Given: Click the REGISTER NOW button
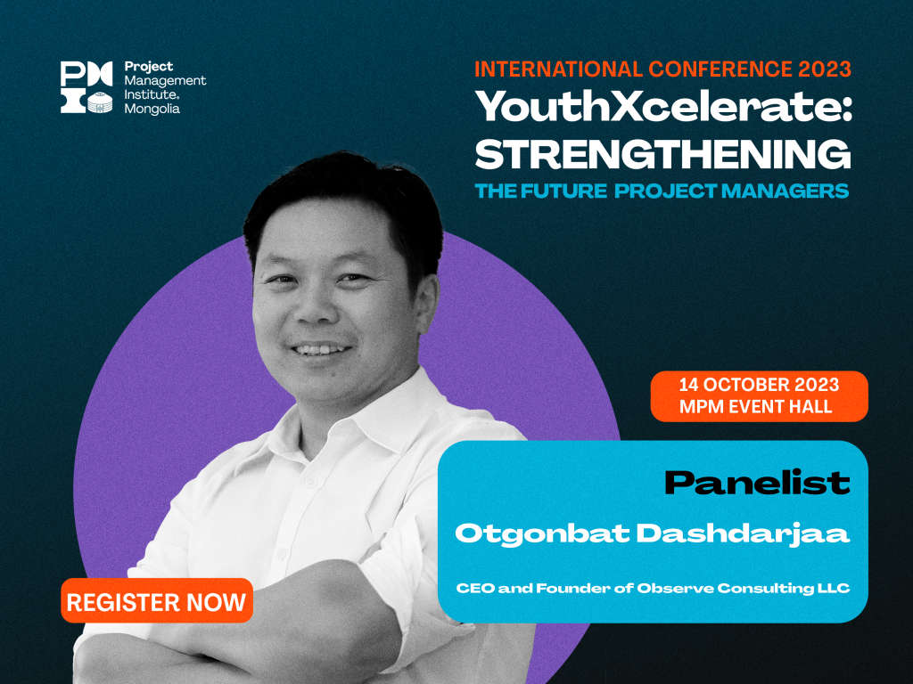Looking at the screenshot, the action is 157,601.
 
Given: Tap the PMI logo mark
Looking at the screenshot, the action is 86,86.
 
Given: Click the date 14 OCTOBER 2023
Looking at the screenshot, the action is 759,385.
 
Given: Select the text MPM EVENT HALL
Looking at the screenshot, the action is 756,406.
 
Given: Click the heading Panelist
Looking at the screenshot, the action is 757,483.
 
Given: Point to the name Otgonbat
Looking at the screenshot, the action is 542,534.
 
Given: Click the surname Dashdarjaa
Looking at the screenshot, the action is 743,534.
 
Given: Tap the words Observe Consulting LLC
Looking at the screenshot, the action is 743,588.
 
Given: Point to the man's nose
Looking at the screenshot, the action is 313,306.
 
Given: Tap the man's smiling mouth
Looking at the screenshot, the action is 321,349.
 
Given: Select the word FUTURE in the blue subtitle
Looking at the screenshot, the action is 563,191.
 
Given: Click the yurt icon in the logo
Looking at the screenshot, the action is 100,102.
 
